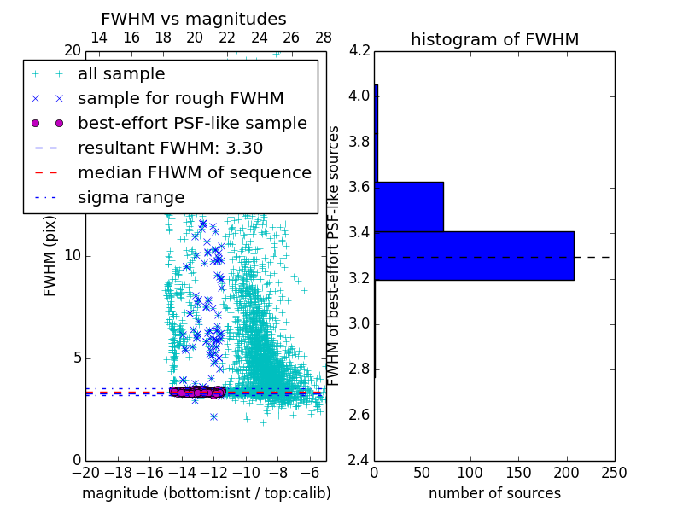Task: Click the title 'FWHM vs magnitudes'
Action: click(x=194, y=19)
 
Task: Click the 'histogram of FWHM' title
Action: click(x=494, y=39)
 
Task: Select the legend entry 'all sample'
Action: click(x=121, y=74)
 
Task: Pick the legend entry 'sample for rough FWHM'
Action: click(x=180, y=99)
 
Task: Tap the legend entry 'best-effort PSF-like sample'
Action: click(x=192, y=124)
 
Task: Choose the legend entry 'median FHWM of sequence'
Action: click(x=194, y=173)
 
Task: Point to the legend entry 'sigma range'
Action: click(x=131, y=198)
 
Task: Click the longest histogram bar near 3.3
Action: click(x=474, y=255)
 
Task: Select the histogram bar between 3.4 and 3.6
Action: click(x=409, y=207)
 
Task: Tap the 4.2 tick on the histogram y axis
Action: click(x=359, y=50)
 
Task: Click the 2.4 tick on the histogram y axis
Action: click(x=359, y=461)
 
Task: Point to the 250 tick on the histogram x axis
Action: click(x=614, y=473)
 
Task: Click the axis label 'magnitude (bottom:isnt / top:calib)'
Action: click(x=206, y=493)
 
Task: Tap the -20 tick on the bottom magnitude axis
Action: click(x=85, y=473)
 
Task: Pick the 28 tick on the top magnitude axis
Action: click(x=324, y=38)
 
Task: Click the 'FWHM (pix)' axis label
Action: click(x=50, y=257)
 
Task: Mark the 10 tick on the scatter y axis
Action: click(x=73, y=256)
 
